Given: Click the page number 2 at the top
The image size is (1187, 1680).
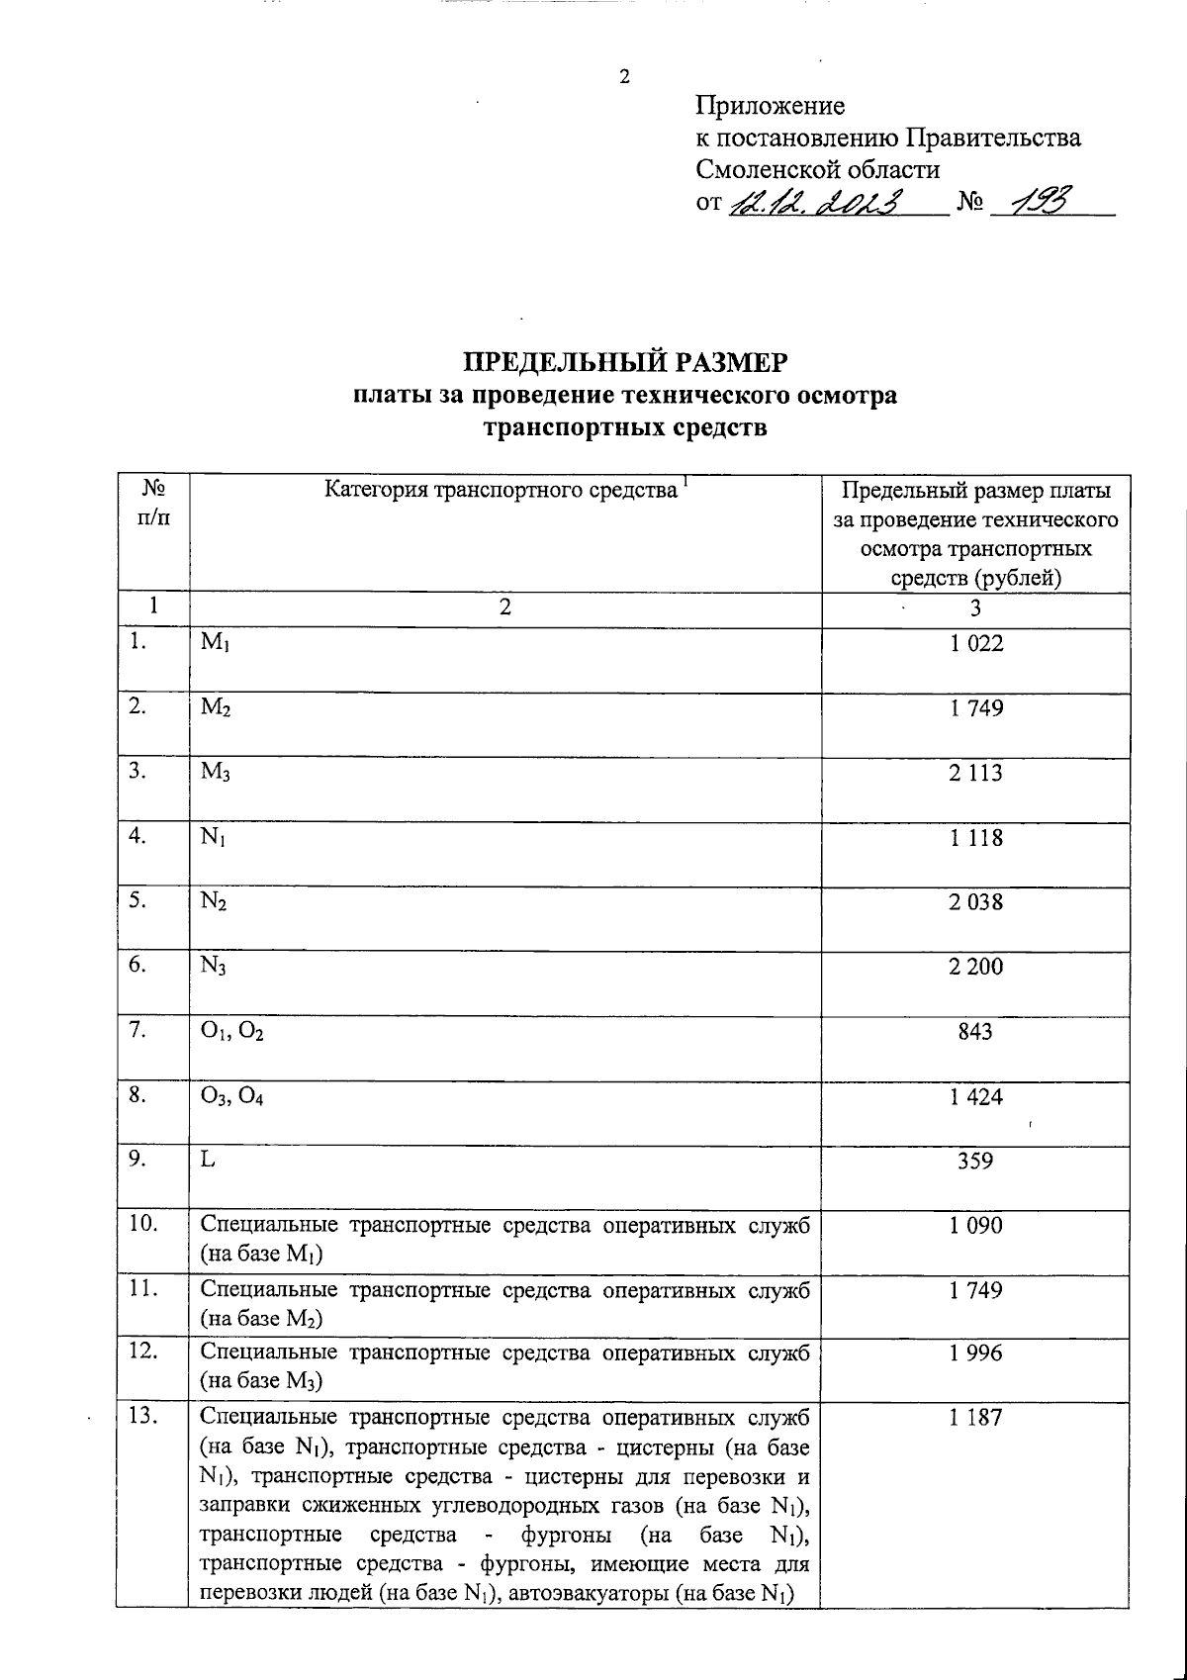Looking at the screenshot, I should (x=624, y=78).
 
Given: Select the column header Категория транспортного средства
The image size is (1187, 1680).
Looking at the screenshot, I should (x=502, y=490).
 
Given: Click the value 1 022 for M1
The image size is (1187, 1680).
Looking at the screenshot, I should (x=976, y=644).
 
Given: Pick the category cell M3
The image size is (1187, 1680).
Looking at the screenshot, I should (x=216, y=773).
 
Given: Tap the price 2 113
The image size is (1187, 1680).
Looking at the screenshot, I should (x=976, y=773).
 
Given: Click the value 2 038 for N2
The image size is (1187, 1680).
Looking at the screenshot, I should (x=976, y=901).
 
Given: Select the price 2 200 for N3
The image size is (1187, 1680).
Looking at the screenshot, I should (x=976, y=966).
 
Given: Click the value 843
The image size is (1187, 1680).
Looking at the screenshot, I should (x=976, y=1031).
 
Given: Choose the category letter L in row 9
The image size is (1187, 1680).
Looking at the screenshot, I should (x=207, y=1161).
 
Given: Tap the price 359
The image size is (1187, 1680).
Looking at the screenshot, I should (x=976, y=1161).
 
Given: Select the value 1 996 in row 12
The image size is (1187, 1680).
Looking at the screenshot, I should (x=976, y=1353).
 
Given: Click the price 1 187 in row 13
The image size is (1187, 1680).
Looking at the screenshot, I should (x=976, y=1418).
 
